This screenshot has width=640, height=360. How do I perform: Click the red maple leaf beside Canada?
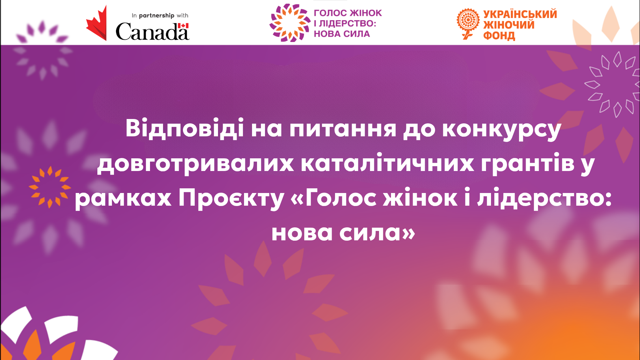tap(97, 24)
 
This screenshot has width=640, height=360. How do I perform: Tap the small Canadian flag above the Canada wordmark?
tap(183, 26)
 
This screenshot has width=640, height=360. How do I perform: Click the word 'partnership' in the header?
tap(157, 16)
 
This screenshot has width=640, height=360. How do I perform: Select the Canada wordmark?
tap(152, 31)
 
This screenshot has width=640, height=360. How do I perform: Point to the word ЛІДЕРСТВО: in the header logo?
tap(348, 23)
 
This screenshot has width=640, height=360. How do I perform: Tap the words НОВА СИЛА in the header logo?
tap(342, 34)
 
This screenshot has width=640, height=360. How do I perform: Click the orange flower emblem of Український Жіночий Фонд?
tap(468, 23)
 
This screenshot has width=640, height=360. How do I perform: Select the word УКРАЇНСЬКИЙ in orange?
tap(520, 14)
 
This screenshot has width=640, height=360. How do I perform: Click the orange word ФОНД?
tap(499, 35)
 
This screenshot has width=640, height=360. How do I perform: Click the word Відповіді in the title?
tap(185, 128)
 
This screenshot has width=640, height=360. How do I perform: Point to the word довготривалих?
tap(195, 164)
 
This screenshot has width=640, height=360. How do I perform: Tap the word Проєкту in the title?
tap(231, 199)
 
